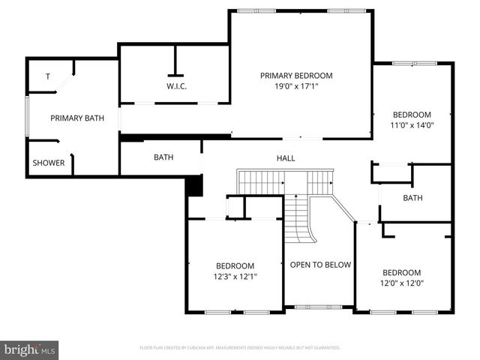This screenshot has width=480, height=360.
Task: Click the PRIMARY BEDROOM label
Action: click(296, 76)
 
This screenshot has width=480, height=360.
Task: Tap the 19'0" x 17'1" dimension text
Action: click(296, 86)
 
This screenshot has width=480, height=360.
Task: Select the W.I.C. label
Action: click(177, 86)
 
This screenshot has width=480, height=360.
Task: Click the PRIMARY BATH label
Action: click(77, 118)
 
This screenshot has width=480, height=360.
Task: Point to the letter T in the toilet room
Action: click(48, 76)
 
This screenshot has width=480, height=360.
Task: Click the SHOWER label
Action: click(49, 163)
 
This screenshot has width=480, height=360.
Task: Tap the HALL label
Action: click(286, 158)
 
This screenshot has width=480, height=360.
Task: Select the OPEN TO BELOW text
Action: click(320, 265)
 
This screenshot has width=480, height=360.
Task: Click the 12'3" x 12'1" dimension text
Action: click(235, 276)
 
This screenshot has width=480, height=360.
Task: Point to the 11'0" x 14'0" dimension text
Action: click(412, 125)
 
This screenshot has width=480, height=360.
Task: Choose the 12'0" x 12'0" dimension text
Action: click(401, 283)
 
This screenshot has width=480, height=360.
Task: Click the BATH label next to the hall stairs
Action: click(163, 157)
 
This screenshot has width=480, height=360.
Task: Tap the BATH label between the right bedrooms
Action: click(412, 198)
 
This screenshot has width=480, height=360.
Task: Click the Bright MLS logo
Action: click(30, 349)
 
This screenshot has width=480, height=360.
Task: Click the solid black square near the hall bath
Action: click(195, 185)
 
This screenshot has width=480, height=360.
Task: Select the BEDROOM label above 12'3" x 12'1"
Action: click(235, 265)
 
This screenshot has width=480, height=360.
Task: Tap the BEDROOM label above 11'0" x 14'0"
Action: click(412, 115)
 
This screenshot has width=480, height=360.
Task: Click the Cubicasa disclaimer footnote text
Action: click(240, 348)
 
